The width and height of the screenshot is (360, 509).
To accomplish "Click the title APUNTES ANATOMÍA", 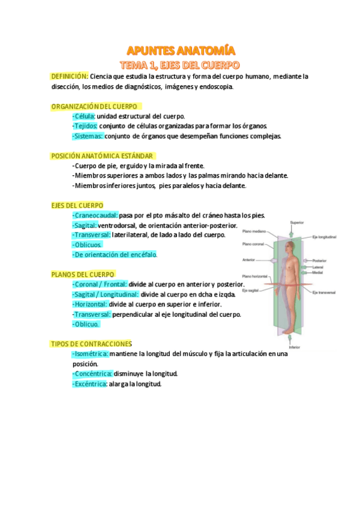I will coord(180,50).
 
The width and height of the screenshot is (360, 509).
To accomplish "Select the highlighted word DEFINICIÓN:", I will coord(70,76).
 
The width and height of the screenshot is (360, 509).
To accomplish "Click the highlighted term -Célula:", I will coord(83,116).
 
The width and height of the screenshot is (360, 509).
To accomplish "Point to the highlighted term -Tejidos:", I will coord(85,125).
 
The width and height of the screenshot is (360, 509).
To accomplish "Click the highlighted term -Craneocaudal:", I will coord(95,215).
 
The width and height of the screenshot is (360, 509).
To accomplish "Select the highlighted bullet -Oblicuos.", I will coord(87,244).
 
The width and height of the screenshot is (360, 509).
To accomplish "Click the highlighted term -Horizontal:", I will coord(89,304).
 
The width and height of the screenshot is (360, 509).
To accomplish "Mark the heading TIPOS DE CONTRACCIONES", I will coord(91,343).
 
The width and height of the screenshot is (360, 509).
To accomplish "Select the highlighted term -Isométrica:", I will coord(91,354).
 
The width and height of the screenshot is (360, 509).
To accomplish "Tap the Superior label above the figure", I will coord(296,223).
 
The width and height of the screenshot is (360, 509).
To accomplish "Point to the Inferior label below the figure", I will coord(294,347).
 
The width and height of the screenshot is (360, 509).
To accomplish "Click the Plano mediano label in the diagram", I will coord(254,230).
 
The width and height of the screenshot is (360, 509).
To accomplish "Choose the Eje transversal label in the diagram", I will coord(324,292).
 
